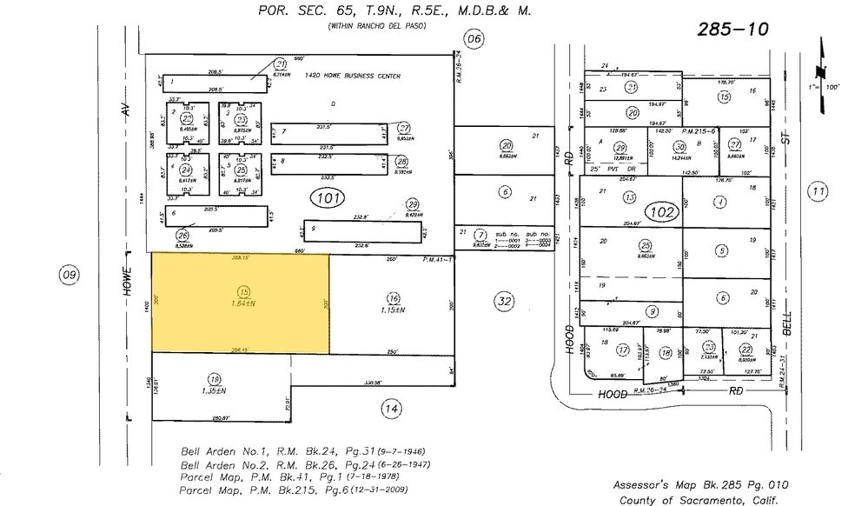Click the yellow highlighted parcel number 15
(x=245, y=291)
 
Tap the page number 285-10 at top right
(x=733, y=30)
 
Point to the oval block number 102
(x=661, y=211)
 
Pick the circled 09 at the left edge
(x=69, y=276)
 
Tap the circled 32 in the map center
(x=504, y=302)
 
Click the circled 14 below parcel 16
(x=393, y=408)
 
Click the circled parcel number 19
(x=213, y=378)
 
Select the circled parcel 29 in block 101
(x=413, y=204)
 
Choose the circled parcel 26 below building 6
(x=182, y=235)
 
